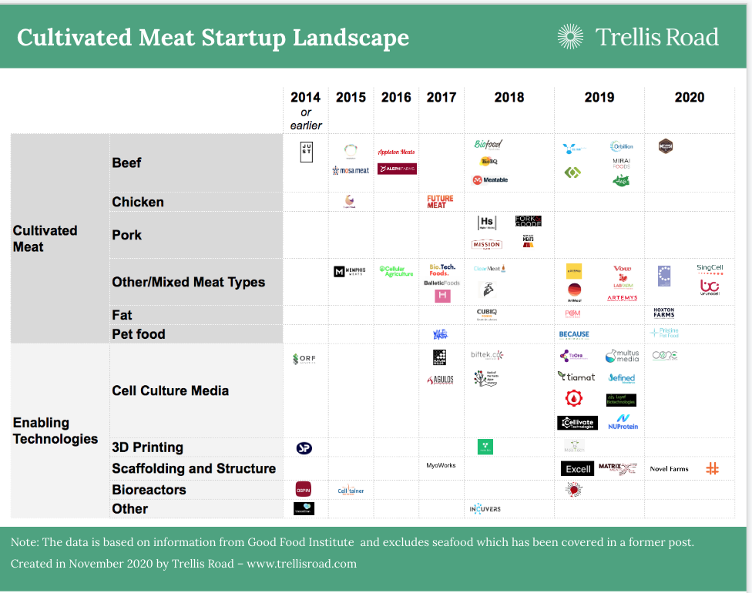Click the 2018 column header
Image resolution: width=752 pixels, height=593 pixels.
coord(509,97)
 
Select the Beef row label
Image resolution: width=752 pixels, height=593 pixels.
coord(126,162)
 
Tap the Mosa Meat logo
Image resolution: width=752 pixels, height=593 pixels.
coord(351,169)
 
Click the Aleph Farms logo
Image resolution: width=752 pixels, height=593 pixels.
coord(397,169)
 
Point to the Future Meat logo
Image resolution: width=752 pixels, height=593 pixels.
coord(441,202)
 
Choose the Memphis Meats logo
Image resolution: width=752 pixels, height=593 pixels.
coord(351,272)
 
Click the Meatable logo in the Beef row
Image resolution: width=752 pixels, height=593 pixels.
coord(490,180)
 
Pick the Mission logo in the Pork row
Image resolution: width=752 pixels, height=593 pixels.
coord(486,244)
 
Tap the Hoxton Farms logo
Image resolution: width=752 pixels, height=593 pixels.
coord(663,313)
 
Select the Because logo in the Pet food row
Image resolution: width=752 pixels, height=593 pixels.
coord(574,334)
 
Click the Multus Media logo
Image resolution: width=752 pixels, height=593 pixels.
coord(622,356)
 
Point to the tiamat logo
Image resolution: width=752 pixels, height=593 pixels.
coord(576,377)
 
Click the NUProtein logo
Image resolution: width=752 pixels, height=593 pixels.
coord(623,421)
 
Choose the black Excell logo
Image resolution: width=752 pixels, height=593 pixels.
coord(577,468)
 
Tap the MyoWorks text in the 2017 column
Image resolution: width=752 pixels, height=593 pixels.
coord(441,465)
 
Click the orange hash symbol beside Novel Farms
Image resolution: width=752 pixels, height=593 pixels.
coord(712,468)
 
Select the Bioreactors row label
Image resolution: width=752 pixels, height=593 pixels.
coord(149,490)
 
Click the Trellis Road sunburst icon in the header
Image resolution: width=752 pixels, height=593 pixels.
coord(570,36)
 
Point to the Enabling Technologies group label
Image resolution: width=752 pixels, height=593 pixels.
coord(55,431)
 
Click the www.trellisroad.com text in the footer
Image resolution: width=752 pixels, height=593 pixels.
coord(301,564)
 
